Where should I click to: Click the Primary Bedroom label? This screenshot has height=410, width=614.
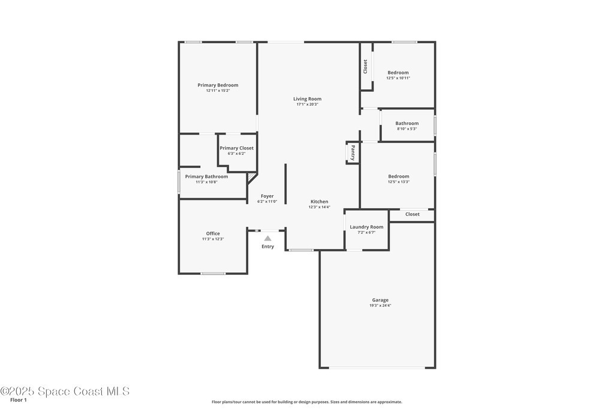coord(218,85)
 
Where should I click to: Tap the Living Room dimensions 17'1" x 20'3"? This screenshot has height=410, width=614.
coord(308,104)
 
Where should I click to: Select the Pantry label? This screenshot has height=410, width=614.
coord(353,152)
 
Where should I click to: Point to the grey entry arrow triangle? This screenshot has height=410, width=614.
coord(267,238)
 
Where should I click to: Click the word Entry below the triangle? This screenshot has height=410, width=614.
coord(268,247)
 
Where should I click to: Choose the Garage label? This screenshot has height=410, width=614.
coord(380,300)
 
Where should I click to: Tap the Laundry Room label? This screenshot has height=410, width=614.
coord(366,227)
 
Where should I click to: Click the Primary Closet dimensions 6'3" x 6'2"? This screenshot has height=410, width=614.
coord(236,154)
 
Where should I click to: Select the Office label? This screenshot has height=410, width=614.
coord(213,234)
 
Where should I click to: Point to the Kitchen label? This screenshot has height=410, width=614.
coord(320,202)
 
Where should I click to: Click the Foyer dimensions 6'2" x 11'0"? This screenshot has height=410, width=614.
coord(267,202)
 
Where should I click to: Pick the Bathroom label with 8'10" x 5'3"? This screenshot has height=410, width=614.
coord(407,123)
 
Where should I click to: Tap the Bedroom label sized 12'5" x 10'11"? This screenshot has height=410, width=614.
coord(398,73)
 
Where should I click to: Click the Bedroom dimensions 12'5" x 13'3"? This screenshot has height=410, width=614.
coord(399,182)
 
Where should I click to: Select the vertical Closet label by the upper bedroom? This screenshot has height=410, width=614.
coord(365,67)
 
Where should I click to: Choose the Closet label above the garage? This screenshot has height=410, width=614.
coord(413,214)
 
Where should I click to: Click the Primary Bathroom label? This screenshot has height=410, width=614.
coord(206,176)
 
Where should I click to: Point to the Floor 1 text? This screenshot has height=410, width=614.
coord(19,400)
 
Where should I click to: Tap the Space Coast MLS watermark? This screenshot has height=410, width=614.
coord(65,391)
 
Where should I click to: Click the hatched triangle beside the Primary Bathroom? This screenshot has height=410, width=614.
coord(251,177)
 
